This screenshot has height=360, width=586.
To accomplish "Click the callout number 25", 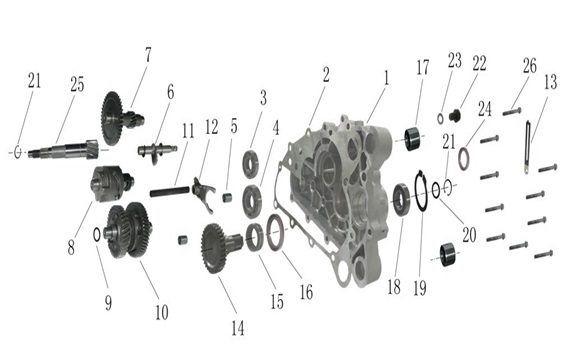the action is [77, 85].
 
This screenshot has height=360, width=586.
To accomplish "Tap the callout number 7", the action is [148, 55].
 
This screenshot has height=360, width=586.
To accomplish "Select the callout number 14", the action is [238, 329].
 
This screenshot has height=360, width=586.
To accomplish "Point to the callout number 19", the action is [420, 288].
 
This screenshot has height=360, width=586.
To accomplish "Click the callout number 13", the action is [550, 82].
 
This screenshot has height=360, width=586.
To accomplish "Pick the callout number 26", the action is [530, 66].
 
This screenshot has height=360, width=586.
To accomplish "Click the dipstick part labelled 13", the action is [527, 148].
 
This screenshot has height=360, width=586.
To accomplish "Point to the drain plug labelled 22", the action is [454, 115].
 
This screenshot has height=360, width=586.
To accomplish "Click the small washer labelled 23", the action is [440, 119].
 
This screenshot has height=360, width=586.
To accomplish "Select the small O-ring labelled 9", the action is [96, 234].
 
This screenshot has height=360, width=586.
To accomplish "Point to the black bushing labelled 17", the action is [414, 139].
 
